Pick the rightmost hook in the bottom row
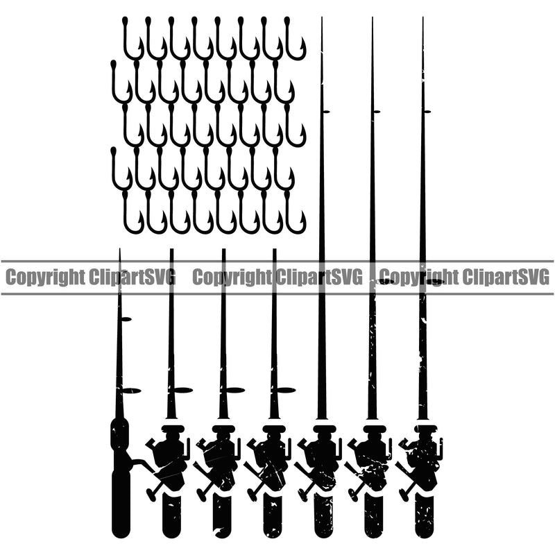(x=296, y=212)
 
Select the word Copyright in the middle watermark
(x=230, y=278)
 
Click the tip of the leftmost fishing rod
(x=119, y=250)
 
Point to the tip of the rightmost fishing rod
(x=422, y=19)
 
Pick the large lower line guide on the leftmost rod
(x=130, y=391)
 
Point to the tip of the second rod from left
(x=171, y=250)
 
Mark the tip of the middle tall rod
(x=372, y=19)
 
